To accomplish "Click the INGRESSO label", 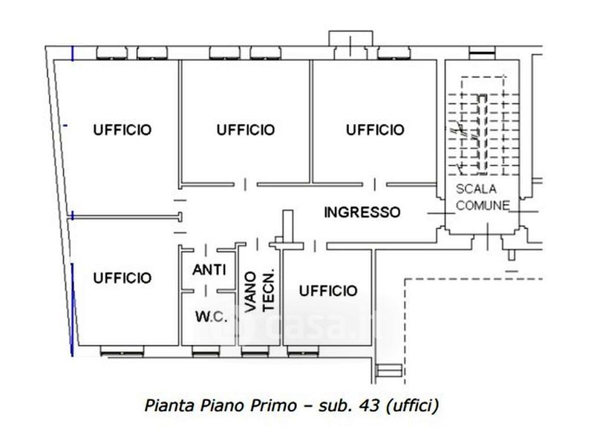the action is (x=362, y=212).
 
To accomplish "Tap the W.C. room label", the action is (x=212, y=316).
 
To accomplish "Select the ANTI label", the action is (x=209, y=270).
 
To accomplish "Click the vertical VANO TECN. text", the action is (x=259, y=291).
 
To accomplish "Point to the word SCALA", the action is (x=476, y=189).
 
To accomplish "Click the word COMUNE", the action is (x=483, y=206).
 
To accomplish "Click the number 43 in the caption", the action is (x=371, y=405).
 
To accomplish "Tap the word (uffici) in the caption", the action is (x=413, y=406).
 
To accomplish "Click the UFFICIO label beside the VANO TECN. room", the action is (x=328, y=291).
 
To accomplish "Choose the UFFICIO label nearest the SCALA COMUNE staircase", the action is (x=375, y=130).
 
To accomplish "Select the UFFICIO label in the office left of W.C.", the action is (x=123, y=278).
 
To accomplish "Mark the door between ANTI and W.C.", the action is (x=206, y=291).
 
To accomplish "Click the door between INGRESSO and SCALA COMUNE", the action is (x=441, y=213).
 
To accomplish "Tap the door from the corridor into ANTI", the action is (x=206, y=250).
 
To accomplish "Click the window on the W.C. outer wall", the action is (x=206, y=352).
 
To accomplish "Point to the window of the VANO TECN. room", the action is (x=255, y=352).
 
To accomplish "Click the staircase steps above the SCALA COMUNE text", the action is (x=482, y=134).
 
